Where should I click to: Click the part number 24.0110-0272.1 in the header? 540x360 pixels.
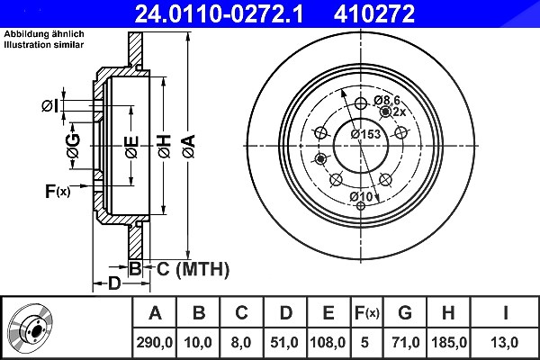pos(219,14)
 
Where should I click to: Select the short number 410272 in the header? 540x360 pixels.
pos(374,14)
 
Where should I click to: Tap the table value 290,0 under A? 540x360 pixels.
pos(154,342)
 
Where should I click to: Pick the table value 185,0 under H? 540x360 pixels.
pos(449,342)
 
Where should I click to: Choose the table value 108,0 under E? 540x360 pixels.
pos(328,342)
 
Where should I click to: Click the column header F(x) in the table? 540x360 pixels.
pos(367,313)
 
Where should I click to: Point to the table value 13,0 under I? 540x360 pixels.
pos(506,342)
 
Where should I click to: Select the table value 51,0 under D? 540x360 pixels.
pos(284,342)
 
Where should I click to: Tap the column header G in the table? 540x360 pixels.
pos(405,313)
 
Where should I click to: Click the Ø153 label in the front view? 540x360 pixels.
pos(366,134)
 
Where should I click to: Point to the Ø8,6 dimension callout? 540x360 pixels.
pos(387,101)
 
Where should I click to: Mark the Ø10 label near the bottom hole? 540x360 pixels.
pos(361,197)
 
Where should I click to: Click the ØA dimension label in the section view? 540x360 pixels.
pos(189,147)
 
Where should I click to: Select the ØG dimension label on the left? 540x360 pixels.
pos(74,146)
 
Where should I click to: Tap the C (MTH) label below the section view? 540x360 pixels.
pos(193,269)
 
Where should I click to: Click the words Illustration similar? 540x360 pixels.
pos(44,44)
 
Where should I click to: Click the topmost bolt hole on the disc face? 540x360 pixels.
pos(361,103)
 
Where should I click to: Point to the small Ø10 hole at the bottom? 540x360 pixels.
pos(361,206)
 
